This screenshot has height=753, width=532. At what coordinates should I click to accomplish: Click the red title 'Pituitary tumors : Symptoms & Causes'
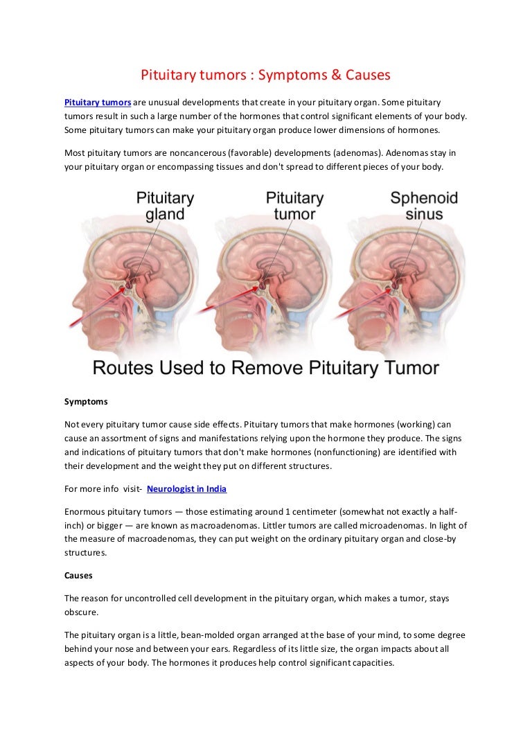pos(266,74)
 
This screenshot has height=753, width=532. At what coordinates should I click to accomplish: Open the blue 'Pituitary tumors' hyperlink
pos(98,103)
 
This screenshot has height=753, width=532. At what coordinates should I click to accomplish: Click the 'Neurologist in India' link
pos(186,489)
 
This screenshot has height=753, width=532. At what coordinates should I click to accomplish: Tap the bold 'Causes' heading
pos(78,576)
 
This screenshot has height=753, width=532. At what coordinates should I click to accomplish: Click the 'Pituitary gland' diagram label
pos(165,206)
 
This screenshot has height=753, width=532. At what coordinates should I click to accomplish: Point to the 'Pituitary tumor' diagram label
pos(294,206)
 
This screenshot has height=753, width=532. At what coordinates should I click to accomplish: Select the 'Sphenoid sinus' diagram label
pos(424,206)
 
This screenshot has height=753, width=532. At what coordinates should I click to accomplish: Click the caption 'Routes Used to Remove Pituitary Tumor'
pos(266,367)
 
